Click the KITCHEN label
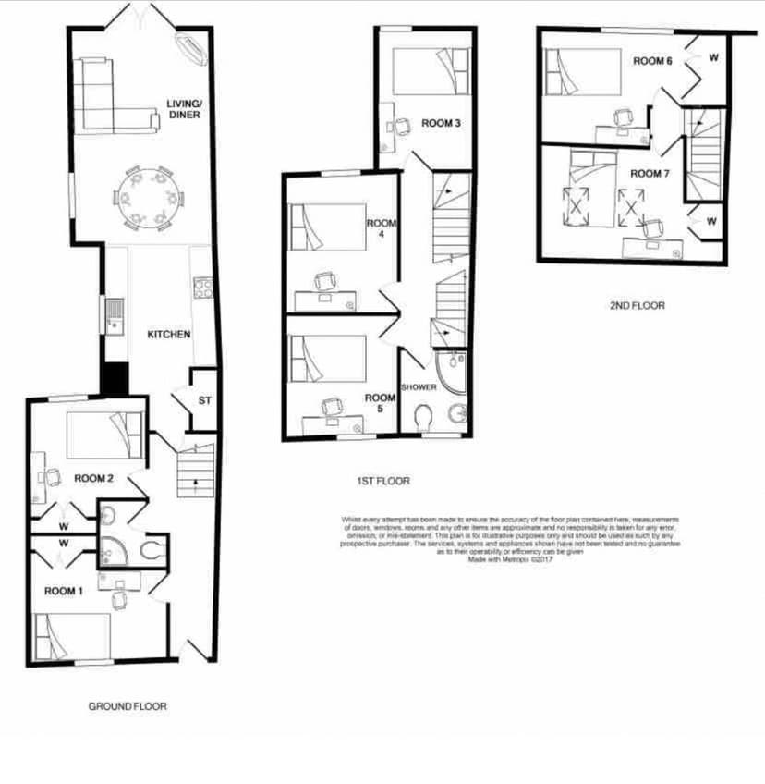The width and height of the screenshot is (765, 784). tap(169, 334)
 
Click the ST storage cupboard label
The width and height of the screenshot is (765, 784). tap(204, 400)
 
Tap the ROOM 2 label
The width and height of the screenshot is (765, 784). tap(93, 478)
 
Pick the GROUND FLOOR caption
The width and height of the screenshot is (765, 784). tap(127, 706)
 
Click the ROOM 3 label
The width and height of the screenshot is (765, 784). tap(441, 123)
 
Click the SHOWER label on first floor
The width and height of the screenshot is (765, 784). tap(418, 386)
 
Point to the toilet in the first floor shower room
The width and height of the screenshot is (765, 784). tap(425, 418)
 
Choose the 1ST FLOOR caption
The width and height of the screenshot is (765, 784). tap(382, 481)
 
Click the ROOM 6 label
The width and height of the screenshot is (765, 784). tap(652, 61)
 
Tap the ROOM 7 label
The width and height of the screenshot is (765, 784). tap(646, 173)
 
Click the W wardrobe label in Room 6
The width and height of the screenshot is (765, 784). tap(713, 57)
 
